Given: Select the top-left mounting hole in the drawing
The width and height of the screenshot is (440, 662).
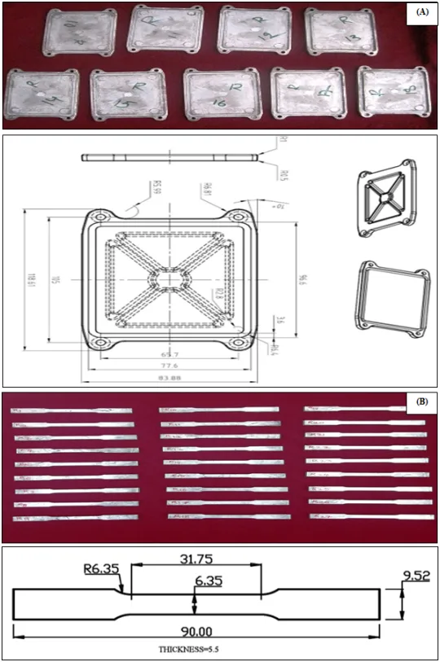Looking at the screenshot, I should [98, 217].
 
